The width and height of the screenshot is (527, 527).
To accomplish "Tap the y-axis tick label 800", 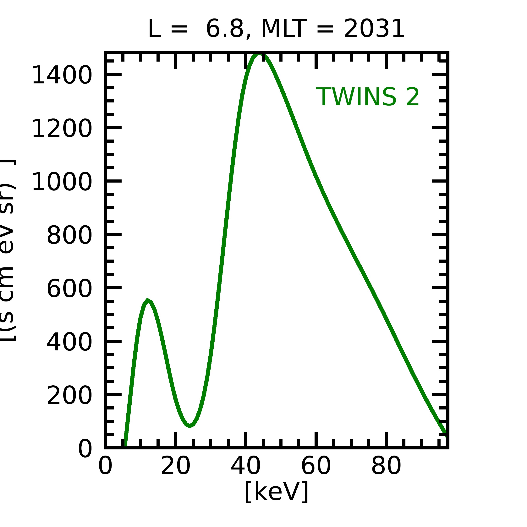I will tap(69, 235).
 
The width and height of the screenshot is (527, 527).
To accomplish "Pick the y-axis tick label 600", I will tap(69, 289).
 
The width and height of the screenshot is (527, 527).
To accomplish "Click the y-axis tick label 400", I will tap(69, 342).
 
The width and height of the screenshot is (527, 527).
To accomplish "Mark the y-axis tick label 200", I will tap(69, 396).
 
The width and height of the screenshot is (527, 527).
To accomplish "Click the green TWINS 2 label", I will tap(367, 97).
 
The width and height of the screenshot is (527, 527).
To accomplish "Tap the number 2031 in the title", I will tap(374, 29).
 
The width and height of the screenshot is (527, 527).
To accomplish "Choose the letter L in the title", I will tap(154, 29).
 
